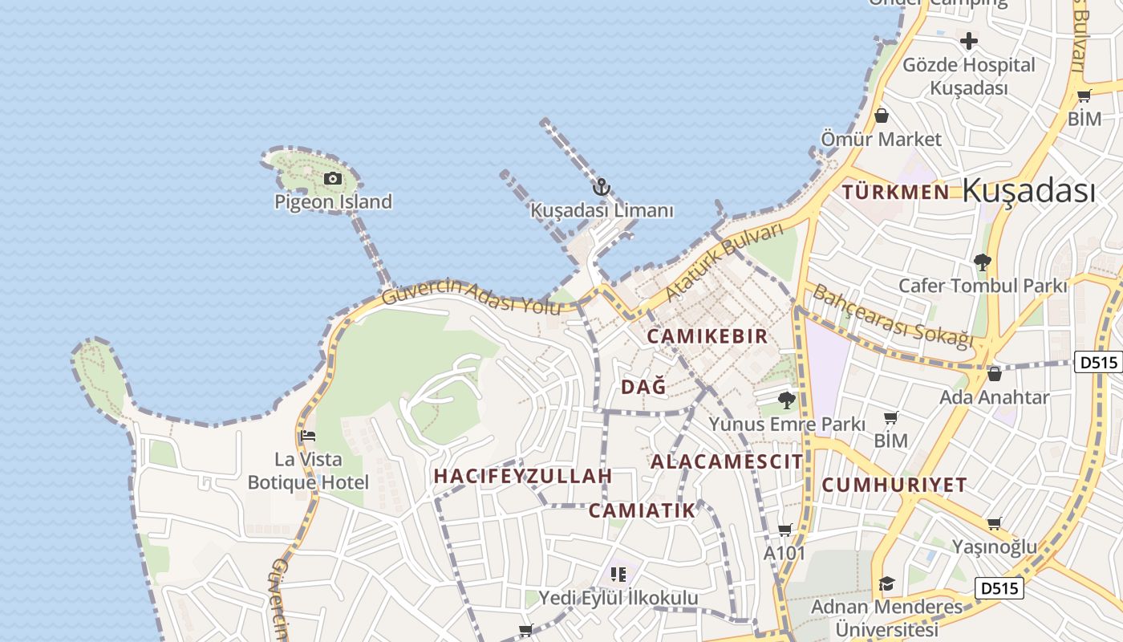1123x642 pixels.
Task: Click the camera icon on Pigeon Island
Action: pyautogui.click(x=332, y=178)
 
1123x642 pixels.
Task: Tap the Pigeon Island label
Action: pyautogui.click(x=333, y=201)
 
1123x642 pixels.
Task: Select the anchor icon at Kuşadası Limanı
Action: pyautogui.click(x=601, y=188)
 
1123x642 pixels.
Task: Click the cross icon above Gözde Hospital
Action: pyautogui.click(x=969, y=41)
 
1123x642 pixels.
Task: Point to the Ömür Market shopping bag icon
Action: pyautogui.click(x=881, y=116)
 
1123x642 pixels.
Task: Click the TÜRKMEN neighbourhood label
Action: pyautogui.click(x=896, y=192)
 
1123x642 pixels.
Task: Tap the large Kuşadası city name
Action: pyautogui.click(x=1028, y=191)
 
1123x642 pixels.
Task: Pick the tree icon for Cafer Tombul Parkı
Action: pyautogui.click(x=982, y=262)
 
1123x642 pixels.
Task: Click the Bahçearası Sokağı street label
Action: pyautogui.click(x=891, y=315)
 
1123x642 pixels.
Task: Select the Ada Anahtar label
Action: pyautogui.click(x=994, y=397)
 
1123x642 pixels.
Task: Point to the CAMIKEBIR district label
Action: pyautogui.click(x=707, y=336)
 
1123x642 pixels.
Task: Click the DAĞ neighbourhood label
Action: pyautogui.click(x=643, y=387)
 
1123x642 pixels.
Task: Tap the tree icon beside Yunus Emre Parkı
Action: pyautogui.click(x=787, y=400)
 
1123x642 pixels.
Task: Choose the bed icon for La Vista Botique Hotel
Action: pyautogui.click(x=308, y=437)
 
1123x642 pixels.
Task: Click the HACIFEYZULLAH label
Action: pyautogui.click(x=523, y=476)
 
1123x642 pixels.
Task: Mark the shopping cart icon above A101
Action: pyautogui.click(x=784, y=530)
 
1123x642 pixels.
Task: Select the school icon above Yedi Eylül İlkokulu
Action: pyautogui.click(x=618, y=574)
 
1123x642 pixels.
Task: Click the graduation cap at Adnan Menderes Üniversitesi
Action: pyautogui.click(x=886, y=583)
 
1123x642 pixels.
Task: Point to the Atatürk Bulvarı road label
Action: pyautogui.click(x=724, y=263)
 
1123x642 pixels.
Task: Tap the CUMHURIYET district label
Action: pyautogui.click(x=894, y=485)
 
